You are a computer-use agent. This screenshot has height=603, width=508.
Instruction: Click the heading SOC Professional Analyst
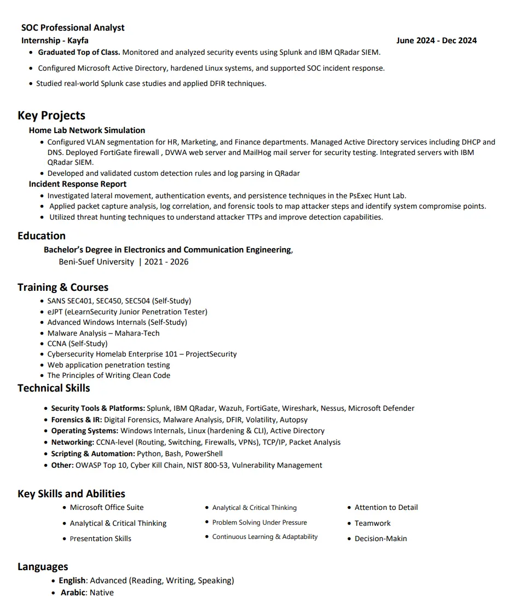coord(73,27)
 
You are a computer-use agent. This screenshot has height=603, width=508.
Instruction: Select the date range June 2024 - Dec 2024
coord(436,40)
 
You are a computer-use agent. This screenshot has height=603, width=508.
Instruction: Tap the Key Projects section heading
coord(51,115)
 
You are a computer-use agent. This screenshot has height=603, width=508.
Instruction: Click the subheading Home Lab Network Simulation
coord(87,130)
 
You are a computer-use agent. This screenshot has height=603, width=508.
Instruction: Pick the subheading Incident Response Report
coord(78,184)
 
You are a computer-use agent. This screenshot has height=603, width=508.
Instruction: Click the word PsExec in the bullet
coord(361,195)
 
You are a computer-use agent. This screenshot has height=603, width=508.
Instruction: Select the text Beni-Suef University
coord(96,262)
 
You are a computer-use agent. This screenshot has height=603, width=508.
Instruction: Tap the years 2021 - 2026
coord(166,262)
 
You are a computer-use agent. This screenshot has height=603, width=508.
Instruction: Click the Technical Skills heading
coord(54,388)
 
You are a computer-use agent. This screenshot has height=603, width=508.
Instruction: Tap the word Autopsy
coord(294,420)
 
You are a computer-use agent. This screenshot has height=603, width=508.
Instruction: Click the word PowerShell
coord(204,453)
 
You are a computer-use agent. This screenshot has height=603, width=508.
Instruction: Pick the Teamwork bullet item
coord(372,523)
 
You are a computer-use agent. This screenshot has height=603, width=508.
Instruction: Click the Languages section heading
coord(43,566)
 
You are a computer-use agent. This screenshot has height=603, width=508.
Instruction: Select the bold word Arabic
coord(73,592)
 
